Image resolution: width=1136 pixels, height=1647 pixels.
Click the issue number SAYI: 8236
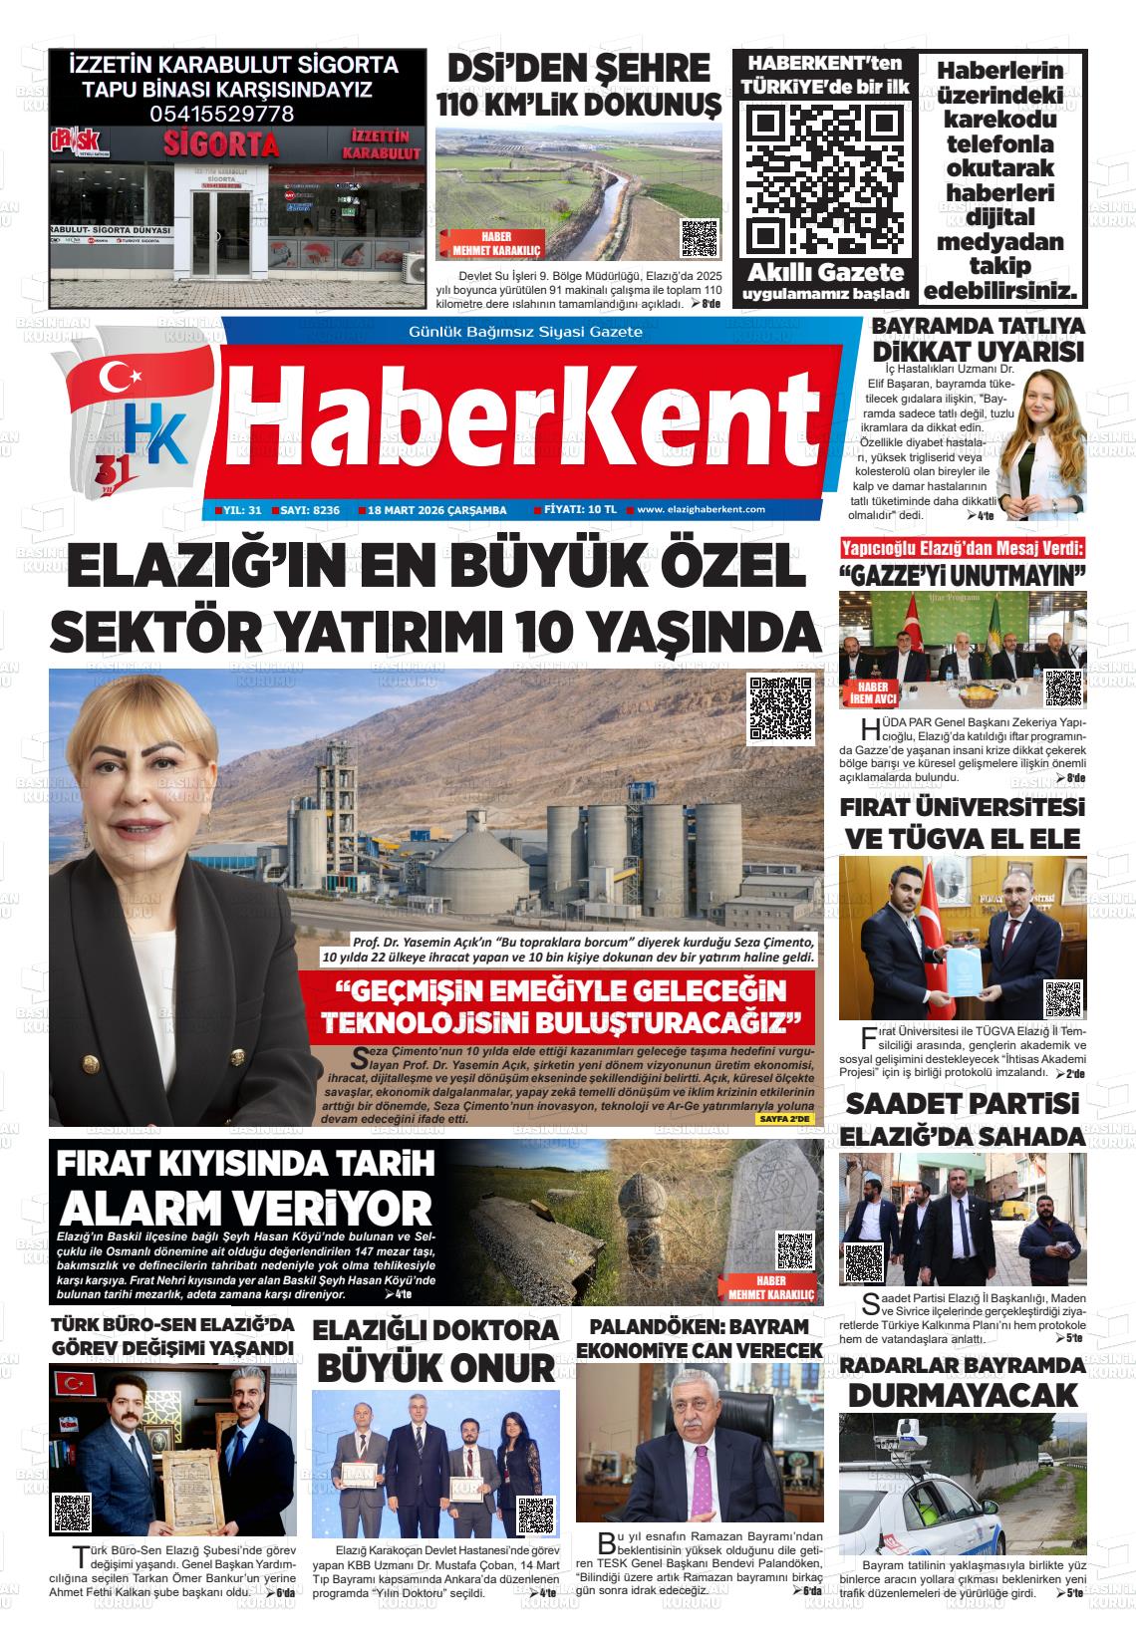click(309, 510)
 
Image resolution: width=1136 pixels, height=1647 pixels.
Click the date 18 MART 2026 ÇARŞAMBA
click(436, 510)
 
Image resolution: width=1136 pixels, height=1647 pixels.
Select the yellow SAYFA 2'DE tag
click(785, 1119)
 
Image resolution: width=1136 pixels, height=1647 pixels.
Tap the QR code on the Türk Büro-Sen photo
click(73, 1512)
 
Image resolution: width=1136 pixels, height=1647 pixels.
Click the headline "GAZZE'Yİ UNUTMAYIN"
click(962, 576)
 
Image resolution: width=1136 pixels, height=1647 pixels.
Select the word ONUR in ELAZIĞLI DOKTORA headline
click(502, 1367)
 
